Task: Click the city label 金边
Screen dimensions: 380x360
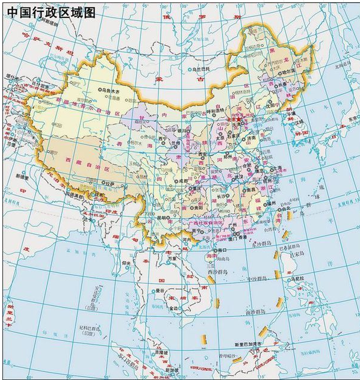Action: coord(175,308)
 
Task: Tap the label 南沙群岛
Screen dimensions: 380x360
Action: coord(255,313)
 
